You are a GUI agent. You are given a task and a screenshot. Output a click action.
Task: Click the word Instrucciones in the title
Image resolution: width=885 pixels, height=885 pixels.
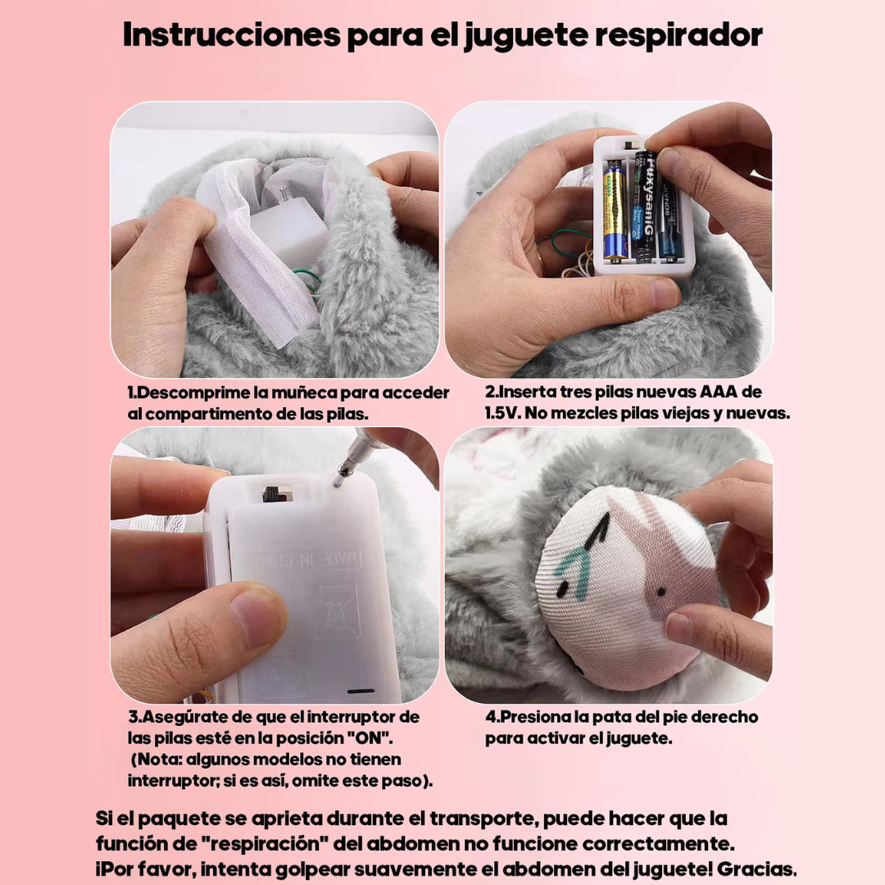pos(231,35)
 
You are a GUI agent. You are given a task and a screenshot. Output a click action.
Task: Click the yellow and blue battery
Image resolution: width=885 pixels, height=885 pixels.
pos(615,211)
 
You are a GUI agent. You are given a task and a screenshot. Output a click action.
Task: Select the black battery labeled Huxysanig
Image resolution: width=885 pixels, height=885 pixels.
pos(643,206)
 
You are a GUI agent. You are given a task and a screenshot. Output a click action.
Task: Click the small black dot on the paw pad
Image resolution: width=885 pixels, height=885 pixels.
pos(661,592)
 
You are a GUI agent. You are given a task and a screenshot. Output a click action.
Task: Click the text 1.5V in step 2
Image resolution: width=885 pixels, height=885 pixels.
pos(502,413)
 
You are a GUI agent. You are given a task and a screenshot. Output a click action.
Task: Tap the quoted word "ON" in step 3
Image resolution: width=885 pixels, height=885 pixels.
pos(370,737)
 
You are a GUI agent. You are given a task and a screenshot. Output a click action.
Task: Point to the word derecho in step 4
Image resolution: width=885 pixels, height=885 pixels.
pos(724,717)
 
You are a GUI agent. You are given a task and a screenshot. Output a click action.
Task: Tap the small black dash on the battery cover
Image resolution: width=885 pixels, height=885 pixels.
pos(361,691)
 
